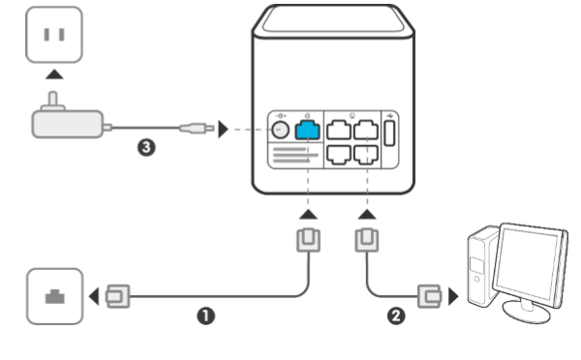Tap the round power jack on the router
279,129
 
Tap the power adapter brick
65,122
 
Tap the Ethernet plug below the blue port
307,238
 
